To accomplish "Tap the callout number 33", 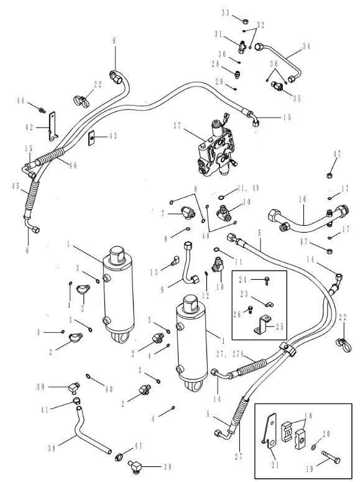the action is pos(225,13).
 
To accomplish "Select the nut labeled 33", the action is pos(246,22).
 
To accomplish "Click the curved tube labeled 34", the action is pos(279,62).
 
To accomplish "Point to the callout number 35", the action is pos(297,99).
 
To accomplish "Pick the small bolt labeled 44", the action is pos(42,109).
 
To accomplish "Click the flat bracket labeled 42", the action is pos(53,126).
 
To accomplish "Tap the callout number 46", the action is pos(73,165).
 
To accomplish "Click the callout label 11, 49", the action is pos(249,188).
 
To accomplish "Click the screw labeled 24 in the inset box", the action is pos(267,280).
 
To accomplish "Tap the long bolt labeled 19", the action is pos(331,455).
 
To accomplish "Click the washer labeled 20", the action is pos(314,446).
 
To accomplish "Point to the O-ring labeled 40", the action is pos(88,376).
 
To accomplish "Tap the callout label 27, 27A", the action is pos(230,355).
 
